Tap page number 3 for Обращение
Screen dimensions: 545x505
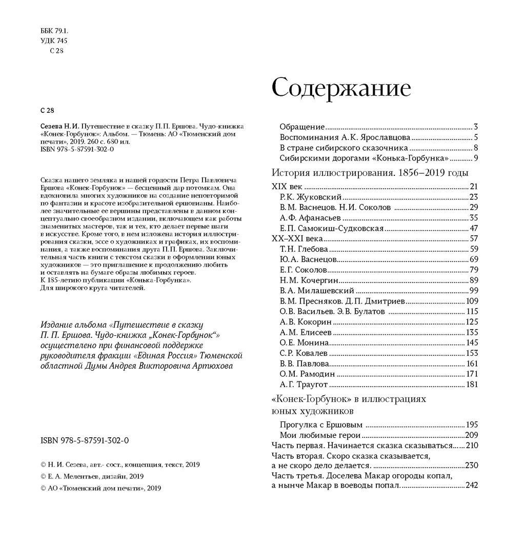tap(476, 127)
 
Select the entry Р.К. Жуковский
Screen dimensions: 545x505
tap(311, 196)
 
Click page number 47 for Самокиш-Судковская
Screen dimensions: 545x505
tap(474, 228)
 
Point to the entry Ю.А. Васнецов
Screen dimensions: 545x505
tap(309, 259)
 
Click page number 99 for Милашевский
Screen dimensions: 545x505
tap(474, 290)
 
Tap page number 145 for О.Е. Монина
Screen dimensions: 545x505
tap(472, 342)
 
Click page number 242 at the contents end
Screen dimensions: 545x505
tap(471, 486)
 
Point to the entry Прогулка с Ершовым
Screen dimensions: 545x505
tap(321, 425)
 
